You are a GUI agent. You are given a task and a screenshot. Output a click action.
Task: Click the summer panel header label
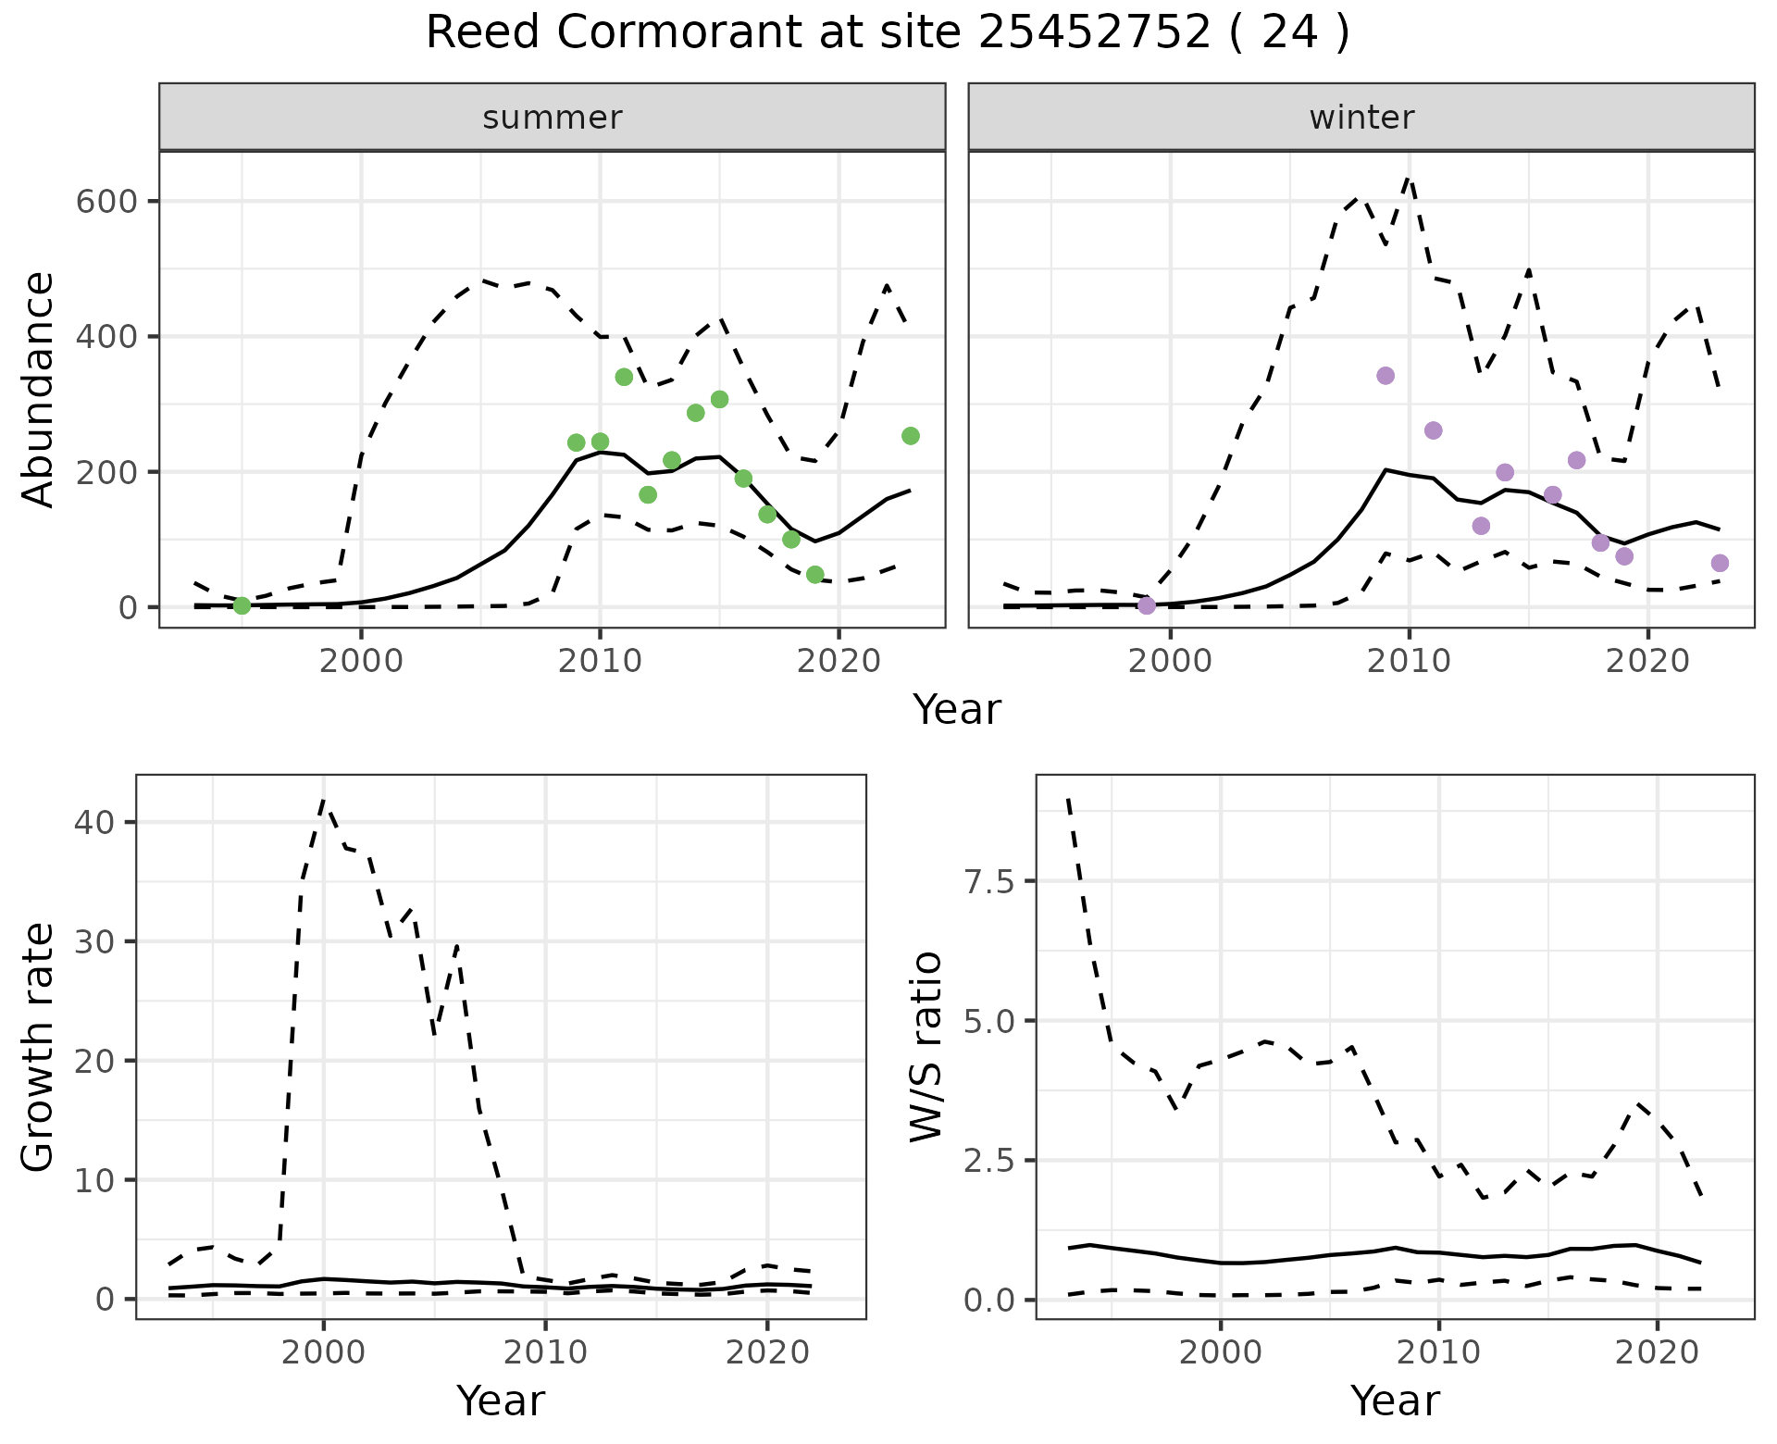pos(552,118)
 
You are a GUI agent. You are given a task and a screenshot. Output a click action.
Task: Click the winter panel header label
pos(1361,118)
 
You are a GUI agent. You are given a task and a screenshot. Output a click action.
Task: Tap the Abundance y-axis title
pos(38,389)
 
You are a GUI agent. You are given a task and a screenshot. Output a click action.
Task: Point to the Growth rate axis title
pos(38,1047)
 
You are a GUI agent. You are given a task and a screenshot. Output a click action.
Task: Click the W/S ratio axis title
pos(926,1047)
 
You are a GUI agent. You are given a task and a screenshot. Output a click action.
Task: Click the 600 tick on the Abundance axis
pos(106,202)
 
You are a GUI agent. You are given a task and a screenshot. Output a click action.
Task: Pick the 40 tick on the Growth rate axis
pos(103,823)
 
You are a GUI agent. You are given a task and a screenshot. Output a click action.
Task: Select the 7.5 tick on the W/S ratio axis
pos(989,882)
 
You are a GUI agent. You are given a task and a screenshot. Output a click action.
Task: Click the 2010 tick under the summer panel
pos(600,661)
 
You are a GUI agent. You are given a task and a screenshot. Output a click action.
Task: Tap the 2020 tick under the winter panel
pos(1647,661)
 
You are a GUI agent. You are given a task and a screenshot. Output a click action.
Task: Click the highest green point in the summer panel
pos(624,377)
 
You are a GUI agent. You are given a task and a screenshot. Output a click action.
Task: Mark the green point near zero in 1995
pos(242,605)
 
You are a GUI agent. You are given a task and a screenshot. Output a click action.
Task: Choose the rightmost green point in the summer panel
pos(910,436)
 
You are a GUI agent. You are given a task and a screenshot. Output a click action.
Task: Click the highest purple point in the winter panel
pos(1386,375)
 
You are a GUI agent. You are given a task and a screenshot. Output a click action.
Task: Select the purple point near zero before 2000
pos(1147,605)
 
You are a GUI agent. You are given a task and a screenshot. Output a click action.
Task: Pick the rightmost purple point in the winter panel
pos(1720,563)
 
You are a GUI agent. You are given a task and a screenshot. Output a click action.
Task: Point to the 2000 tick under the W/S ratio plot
pos(1221,1352)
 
